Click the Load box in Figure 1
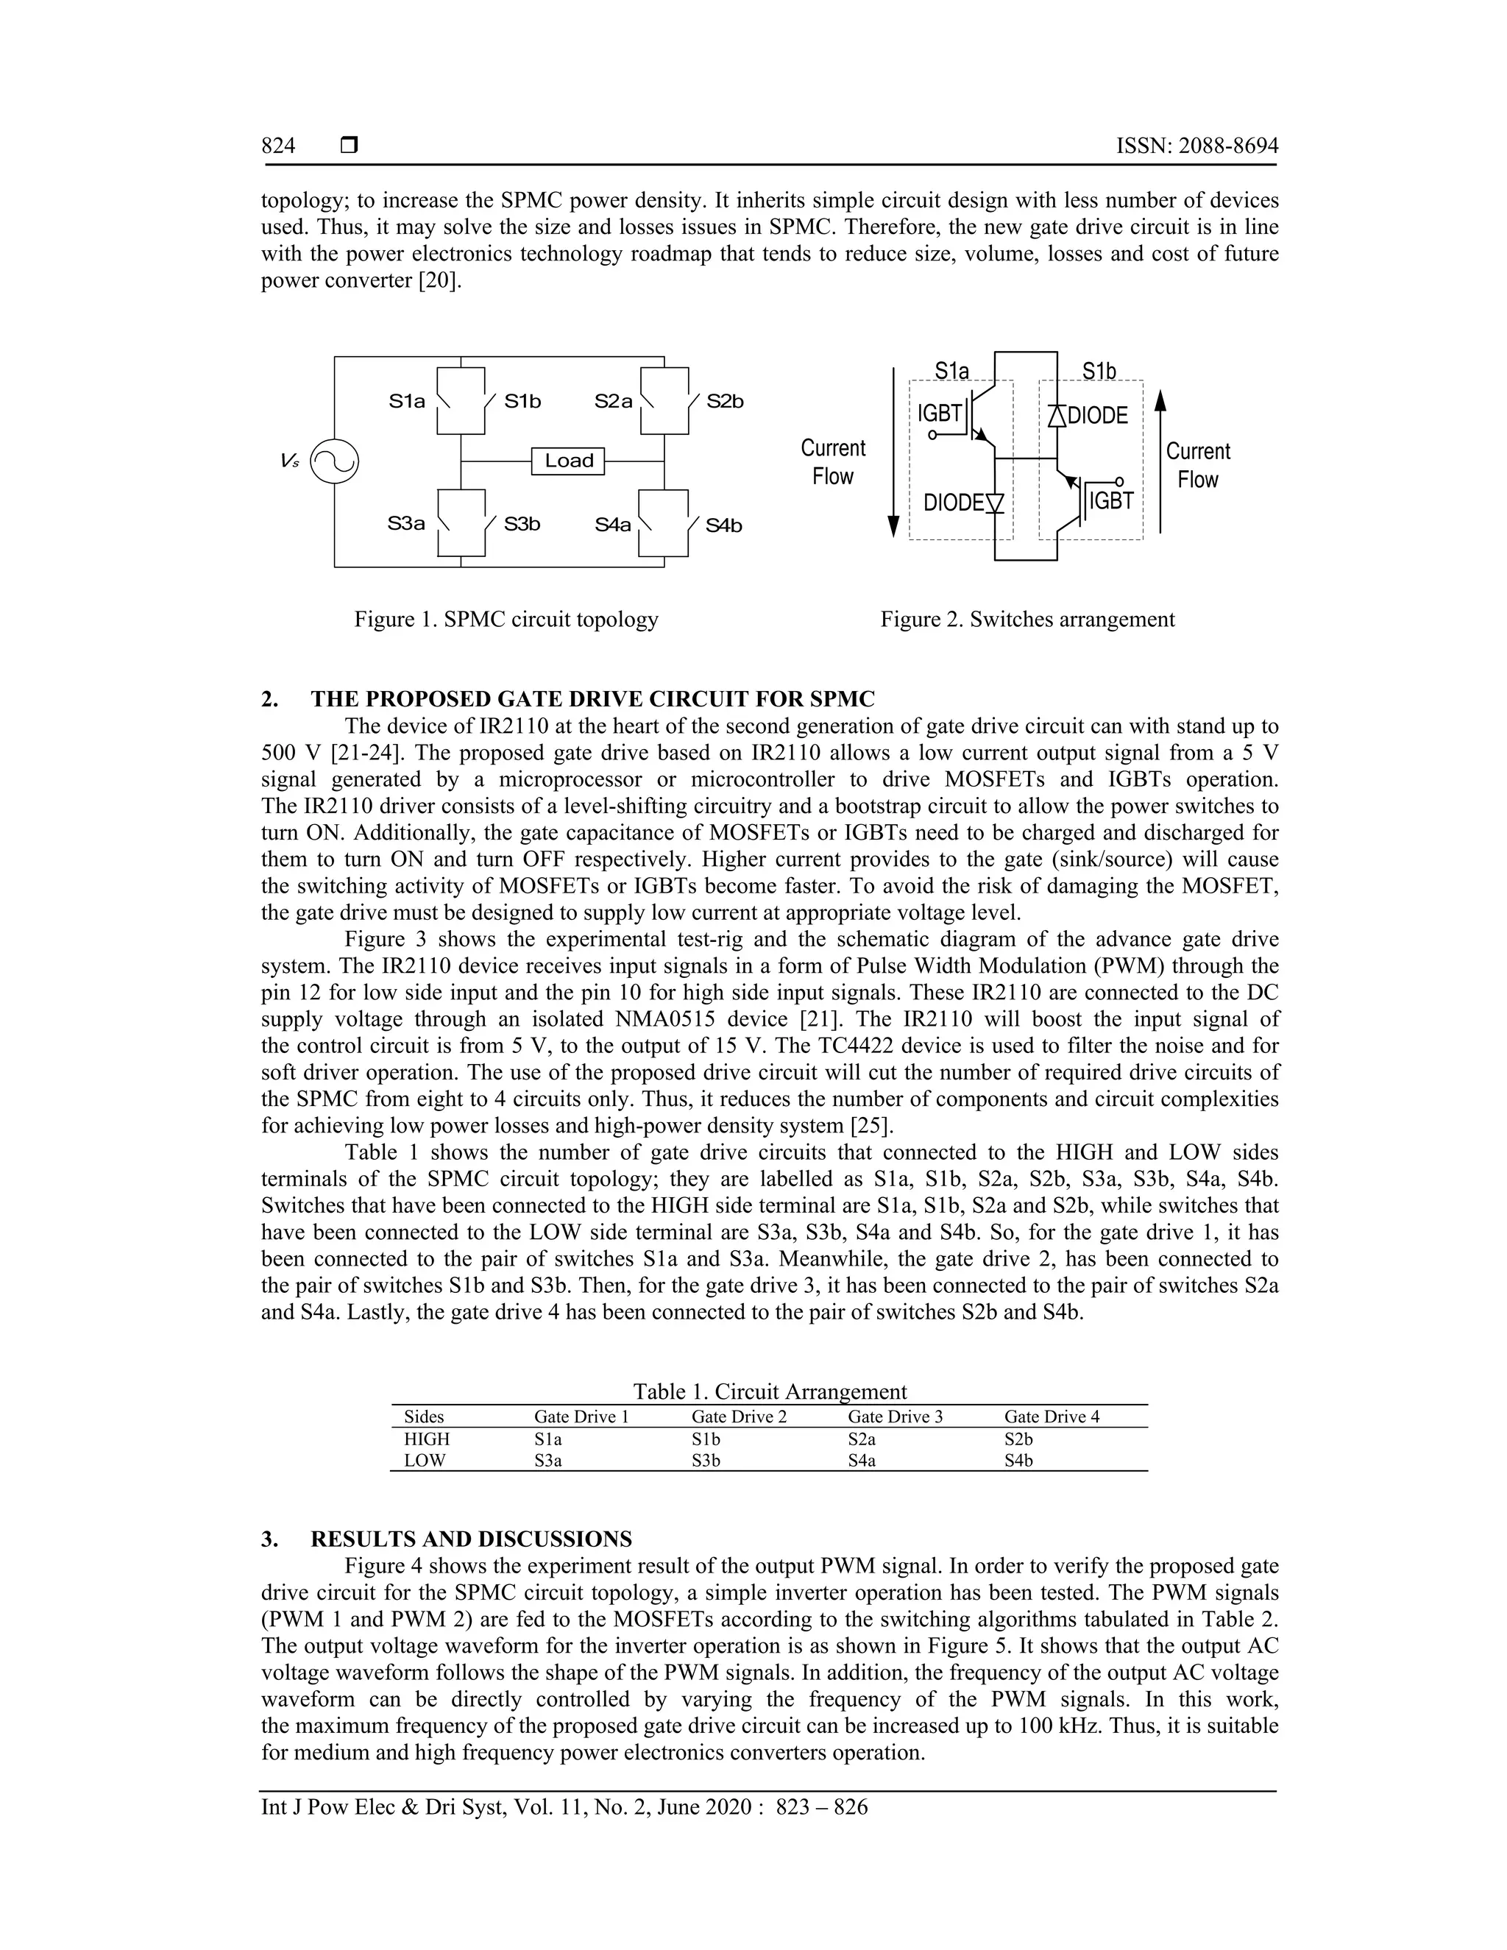pyautogui.click(x=568, y=461)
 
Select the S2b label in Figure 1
pyautogui.click(x=725, y=402)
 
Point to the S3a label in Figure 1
pyautogui.click(x=406, y=524)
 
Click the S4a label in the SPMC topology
pyautogui.click(x=614, y=525)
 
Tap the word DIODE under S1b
pyautogui.click(x=1097, y=415)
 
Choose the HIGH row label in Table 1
pyautogui.click(x=427, y=1439)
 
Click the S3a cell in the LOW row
pyautogui.click(x=548, y=1461)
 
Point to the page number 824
pyautogui.click(x=279, y=146)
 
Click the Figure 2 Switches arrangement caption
pyautogui.click(x=1026, y=619)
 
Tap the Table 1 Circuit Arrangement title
pyautogui.click(x=770, y=1391)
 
